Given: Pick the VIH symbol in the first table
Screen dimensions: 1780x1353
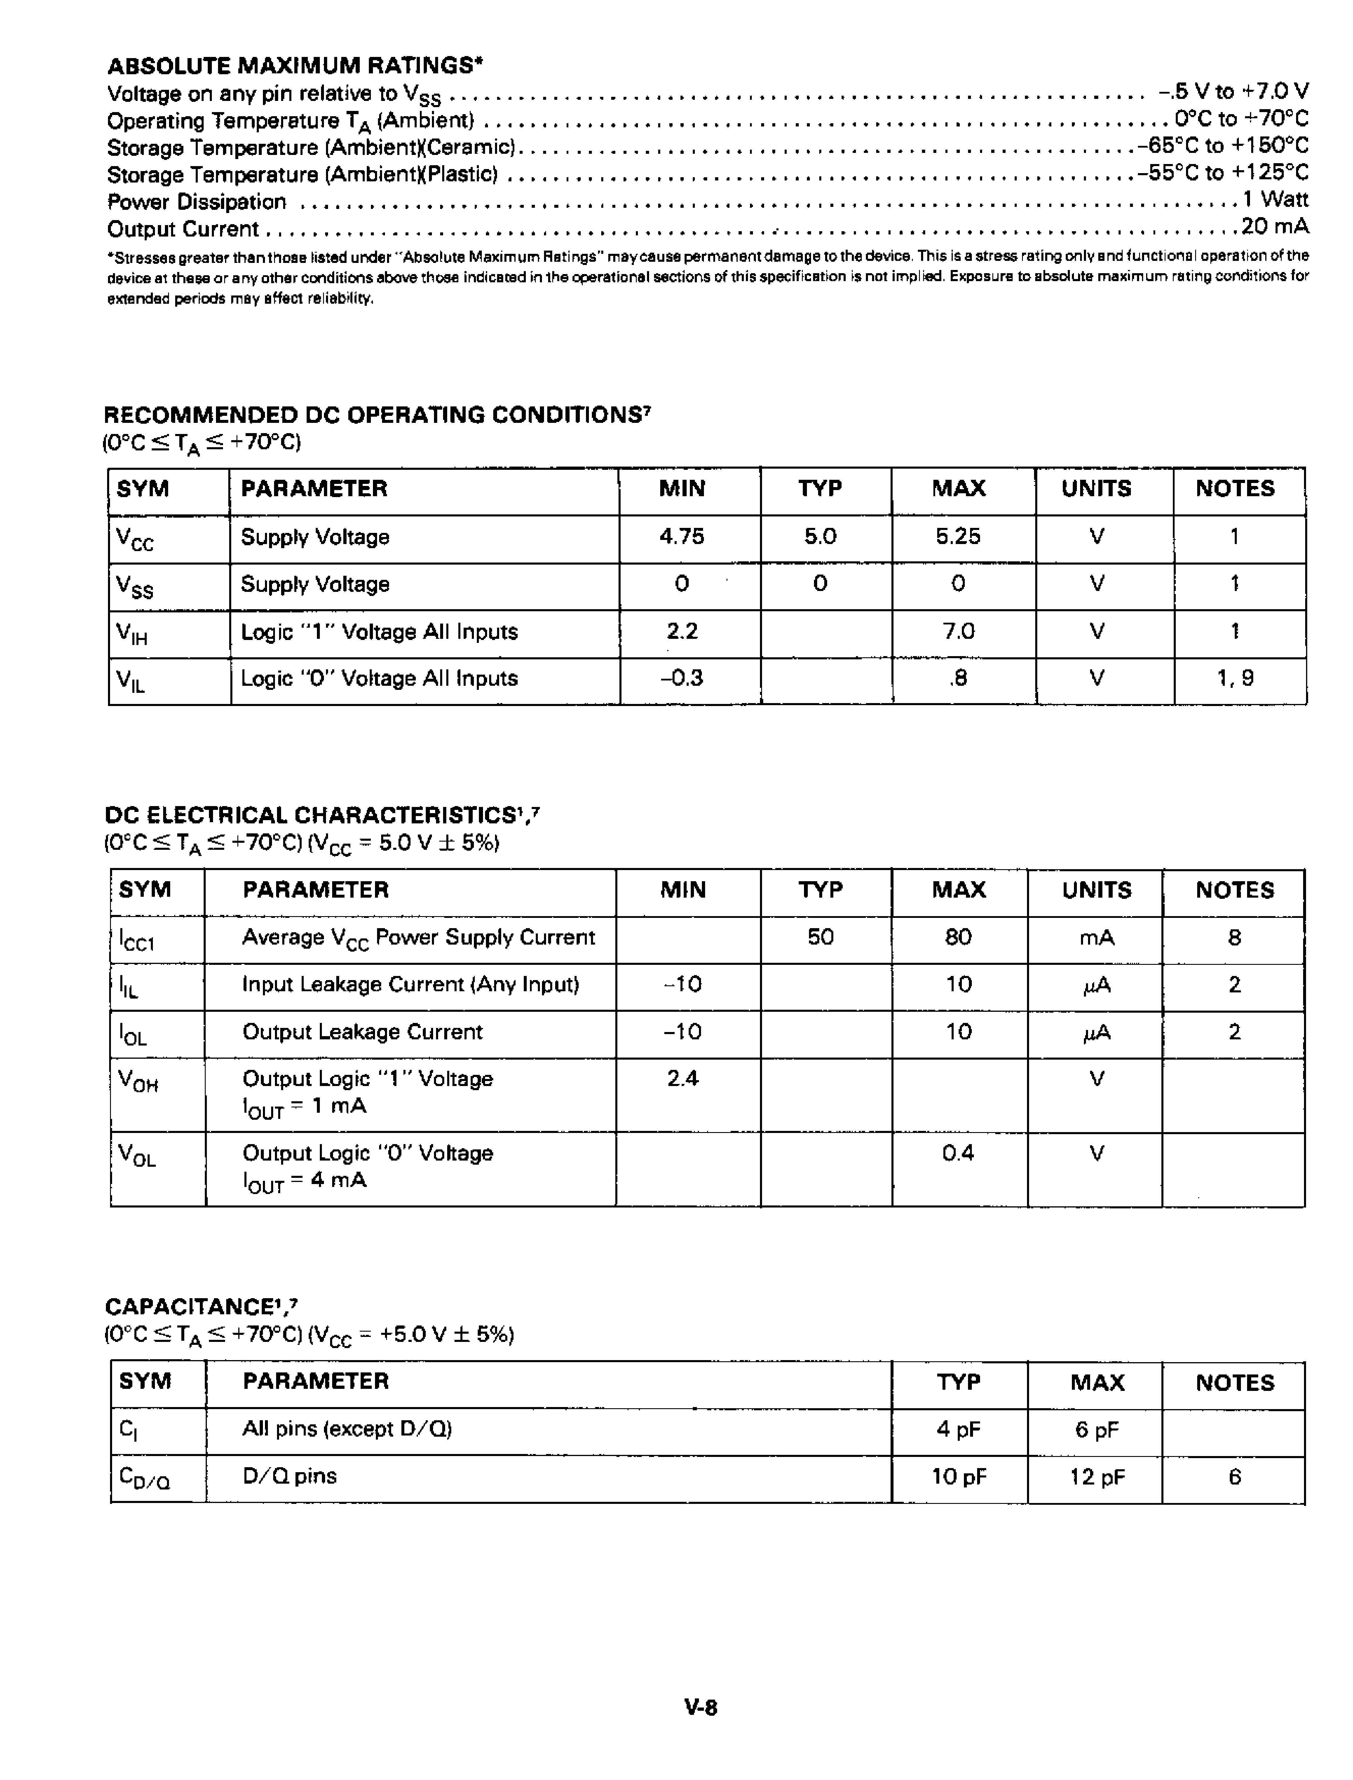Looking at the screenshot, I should pos(132,634).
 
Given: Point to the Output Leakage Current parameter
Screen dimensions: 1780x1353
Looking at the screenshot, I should pos(362,1032).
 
